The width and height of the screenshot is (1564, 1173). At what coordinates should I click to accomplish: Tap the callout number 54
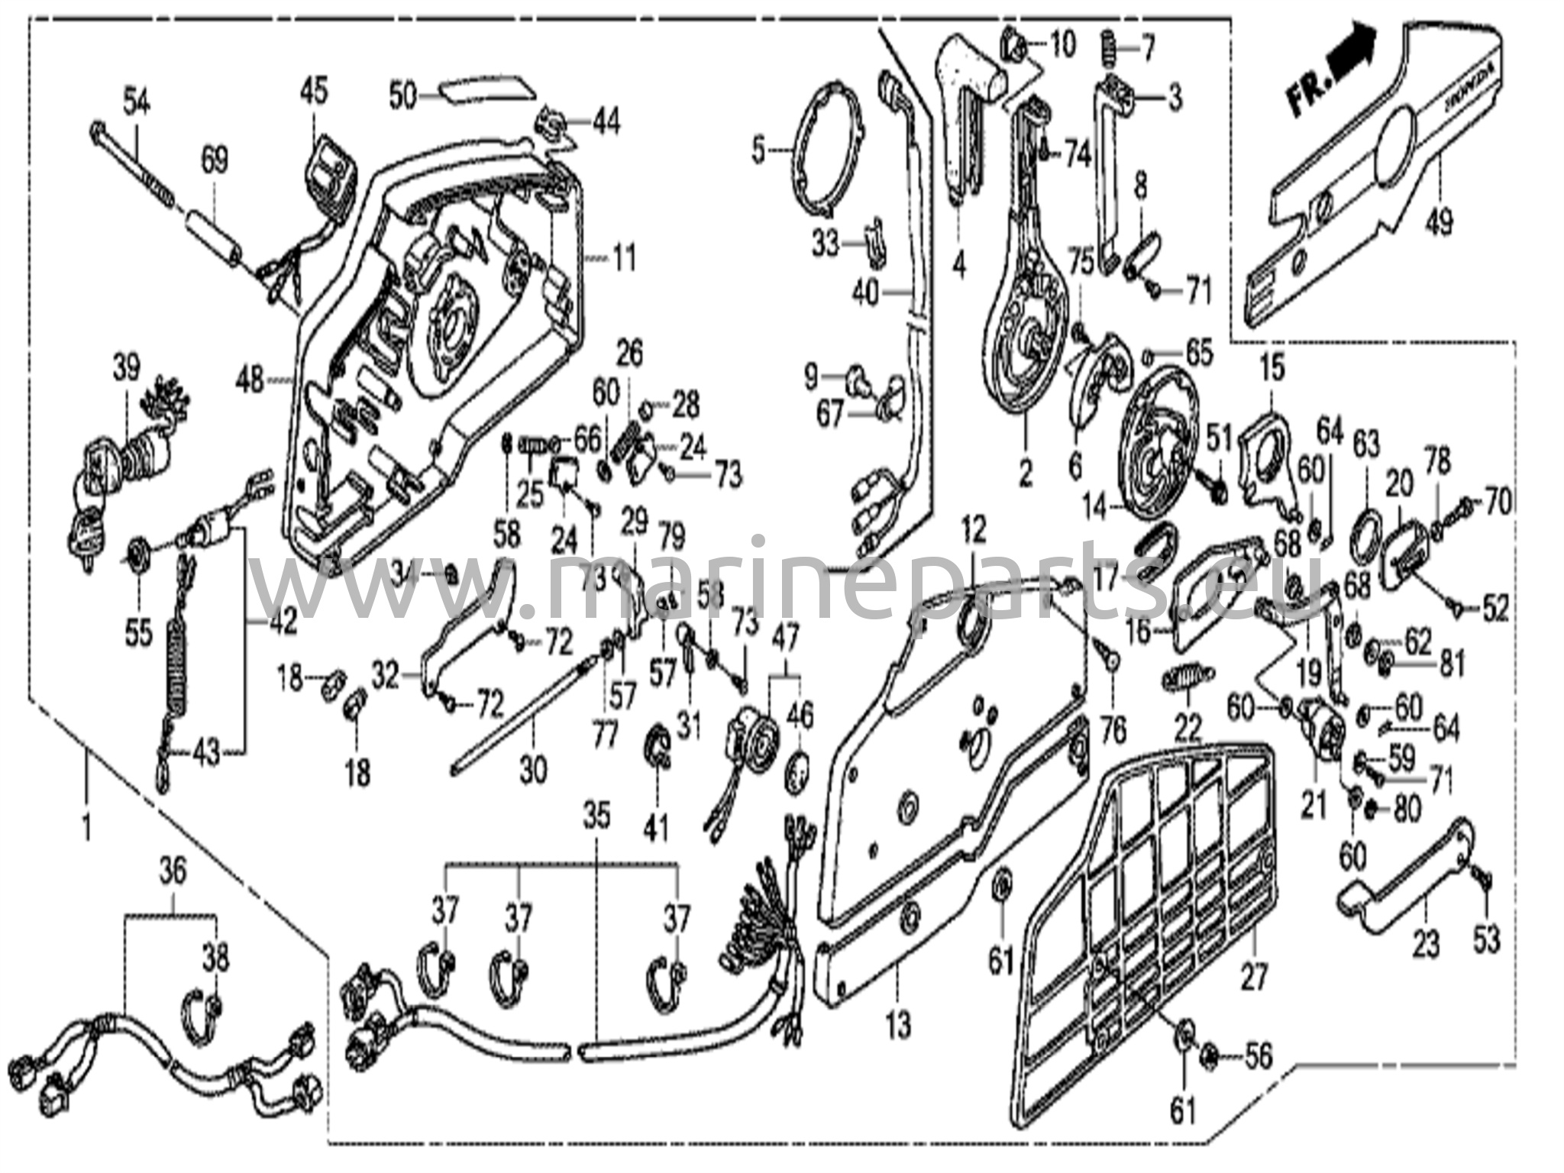137,99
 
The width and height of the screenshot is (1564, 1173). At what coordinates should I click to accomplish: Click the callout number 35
596,816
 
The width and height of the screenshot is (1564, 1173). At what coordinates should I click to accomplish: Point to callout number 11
624,260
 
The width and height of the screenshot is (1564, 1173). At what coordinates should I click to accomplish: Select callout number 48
252,378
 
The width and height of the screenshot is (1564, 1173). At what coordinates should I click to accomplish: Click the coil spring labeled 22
1188,676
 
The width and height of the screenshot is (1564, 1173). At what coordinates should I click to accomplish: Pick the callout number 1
86,826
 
